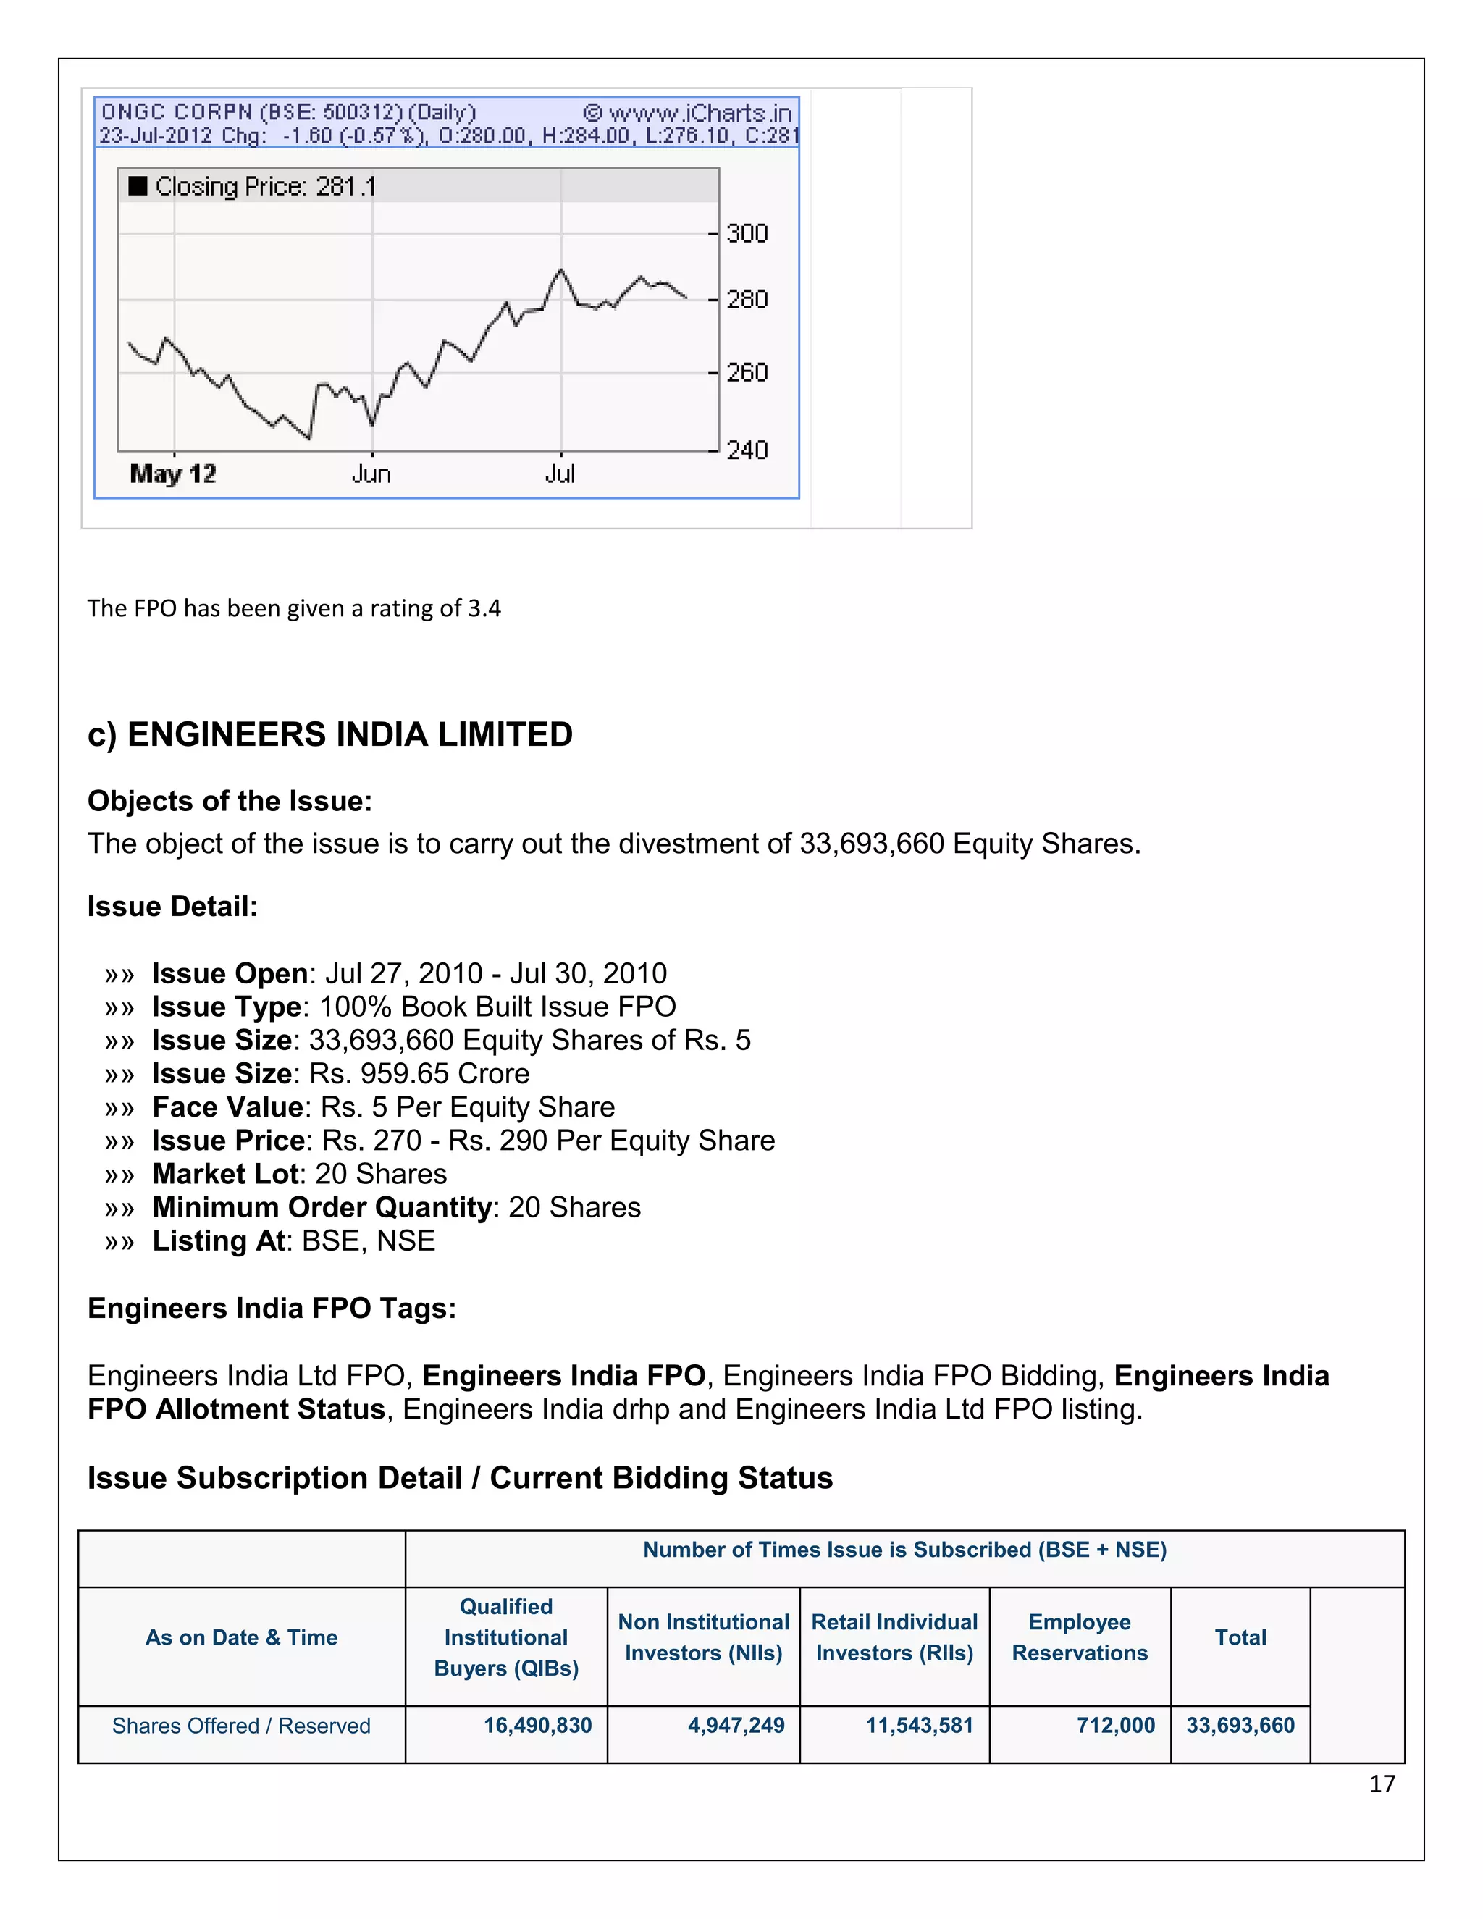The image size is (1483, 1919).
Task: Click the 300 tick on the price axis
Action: tap(746, 234)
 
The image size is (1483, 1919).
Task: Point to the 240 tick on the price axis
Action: tap(746, 450)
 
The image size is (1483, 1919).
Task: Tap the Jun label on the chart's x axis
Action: tap(371, 474)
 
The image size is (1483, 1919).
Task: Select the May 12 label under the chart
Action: tap(172, 474)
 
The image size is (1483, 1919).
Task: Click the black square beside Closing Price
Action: tap(138, 186)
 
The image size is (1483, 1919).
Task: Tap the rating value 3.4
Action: tap(484, 608)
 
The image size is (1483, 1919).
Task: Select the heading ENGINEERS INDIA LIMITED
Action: tap(350, 734)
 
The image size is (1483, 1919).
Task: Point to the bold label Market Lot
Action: tap(225, 1174)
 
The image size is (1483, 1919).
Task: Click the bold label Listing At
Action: tap(218, 1240)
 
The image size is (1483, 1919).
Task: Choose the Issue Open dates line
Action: tap(408, 973)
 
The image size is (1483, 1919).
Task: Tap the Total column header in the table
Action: tap(1240, 1638)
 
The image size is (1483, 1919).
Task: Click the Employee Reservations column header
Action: tap(1079, 1638)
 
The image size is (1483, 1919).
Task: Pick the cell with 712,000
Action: tap(1115, 1726)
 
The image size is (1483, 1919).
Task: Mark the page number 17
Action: tap(1381, 1784)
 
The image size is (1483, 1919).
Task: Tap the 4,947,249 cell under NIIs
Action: tap(736, 1726)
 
